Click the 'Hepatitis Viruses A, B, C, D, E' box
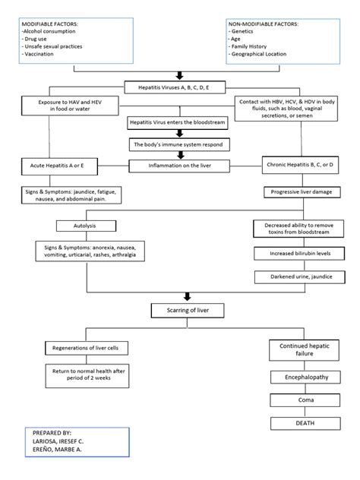click(178, 87)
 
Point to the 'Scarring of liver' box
click(180, 311)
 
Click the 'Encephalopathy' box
click(302, 377)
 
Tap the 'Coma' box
click(302, 399)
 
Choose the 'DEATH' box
click(302, 422)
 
